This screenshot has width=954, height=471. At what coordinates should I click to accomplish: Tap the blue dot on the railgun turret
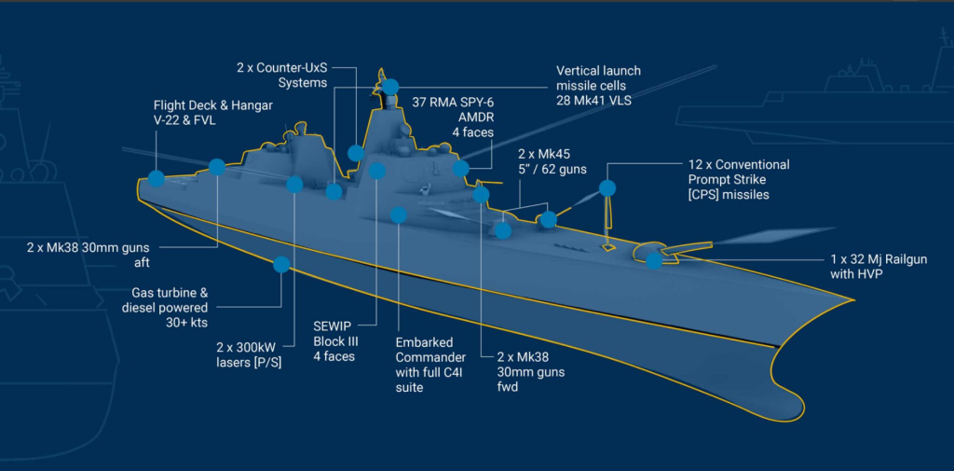click(654, 260)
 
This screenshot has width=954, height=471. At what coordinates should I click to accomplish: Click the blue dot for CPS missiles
click(607, 188)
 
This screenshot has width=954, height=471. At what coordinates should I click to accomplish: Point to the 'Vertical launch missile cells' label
click(598, 85)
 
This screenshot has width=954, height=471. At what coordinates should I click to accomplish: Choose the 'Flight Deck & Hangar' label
click(213, 114)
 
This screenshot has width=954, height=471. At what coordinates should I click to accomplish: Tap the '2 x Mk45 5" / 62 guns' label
click(551, 159)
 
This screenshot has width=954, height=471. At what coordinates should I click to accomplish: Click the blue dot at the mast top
click(390, 86)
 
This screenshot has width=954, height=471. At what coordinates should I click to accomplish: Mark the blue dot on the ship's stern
click(156, 179)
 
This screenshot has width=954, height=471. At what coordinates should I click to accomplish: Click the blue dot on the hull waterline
click(280, 264)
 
